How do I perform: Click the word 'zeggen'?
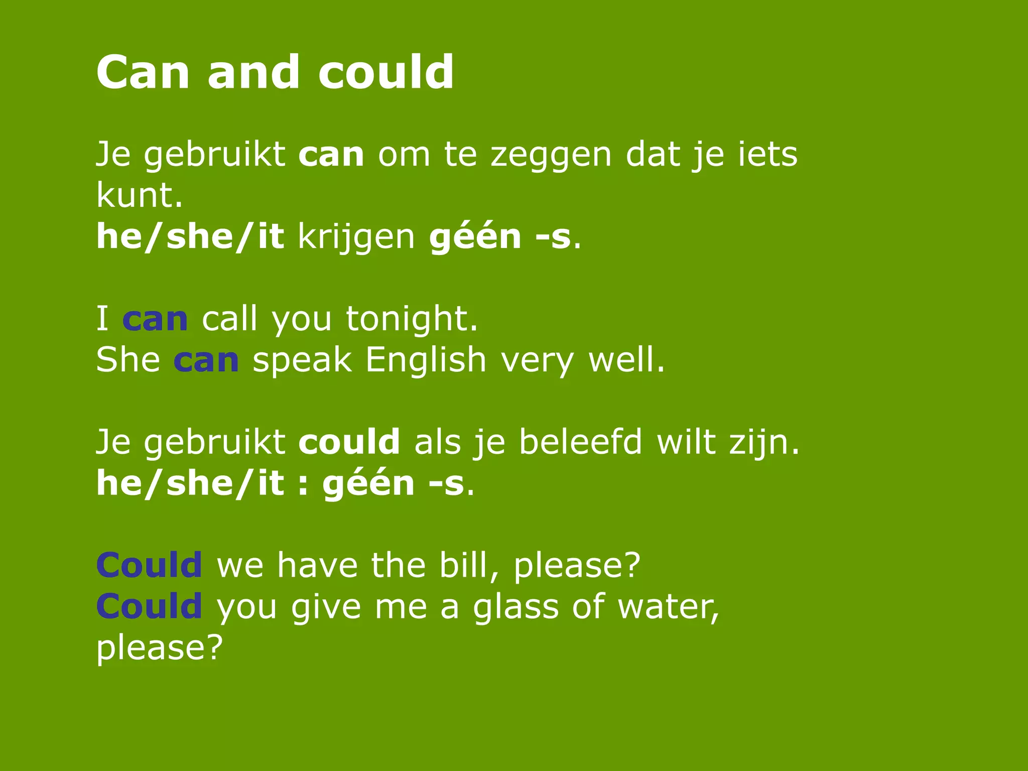[x=551, y=156]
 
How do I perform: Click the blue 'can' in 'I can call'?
[x=155, y=319]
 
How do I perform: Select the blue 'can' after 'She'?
[x=206, y=360]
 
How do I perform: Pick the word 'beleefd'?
[x=580, y=443]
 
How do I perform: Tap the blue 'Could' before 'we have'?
[x=149, y=565]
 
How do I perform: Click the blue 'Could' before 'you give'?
[x=149, y=606]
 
